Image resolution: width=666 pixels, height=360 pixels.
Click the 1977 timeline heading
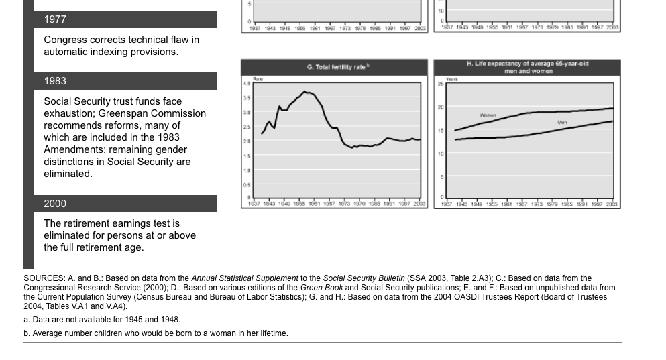(x=55, y=19)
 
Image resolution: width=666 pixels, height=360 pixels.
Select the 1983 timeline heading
(x=55, y=81)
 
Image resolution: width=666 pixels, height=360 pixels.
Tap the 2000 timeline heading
(x=55, y=204)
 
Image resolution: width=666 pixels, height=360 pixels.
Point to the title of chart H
(x=527, y=67)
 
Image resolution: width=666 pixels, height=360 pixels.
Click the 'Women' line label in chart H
(x=488, y=115)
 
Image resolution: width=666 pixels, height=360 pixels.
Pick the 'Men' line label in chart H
(x=562, y=123)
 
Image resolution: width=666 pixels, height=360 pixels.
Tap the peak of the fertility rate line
(x=305, y=92)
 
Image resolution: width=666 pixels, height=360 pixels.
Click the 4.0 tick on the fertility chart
(x=247, y=84)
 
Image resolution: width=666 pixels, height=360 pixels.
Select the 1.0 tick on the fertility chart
(x=247, y=170)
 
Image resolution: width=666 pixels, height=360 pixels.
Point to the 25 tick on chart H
(x=441, y=84)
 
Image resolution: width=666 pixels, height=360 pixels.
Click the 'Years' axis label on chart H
(x=451, y=79)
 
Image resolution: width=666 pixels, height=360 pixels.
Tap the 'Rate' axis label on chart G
(x=258, y=79)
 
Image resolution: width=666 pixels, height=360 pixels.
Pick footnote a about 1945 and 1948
(x=102, y=320)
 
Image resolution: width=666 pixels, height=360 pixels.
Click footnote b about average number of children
(x=156, y=333)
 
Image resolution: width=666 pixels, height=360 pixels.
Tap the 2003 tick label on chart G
(x=419, y=204)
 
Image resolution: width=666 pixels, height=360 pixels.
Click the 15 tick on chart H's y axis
(x=441, y=131)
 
